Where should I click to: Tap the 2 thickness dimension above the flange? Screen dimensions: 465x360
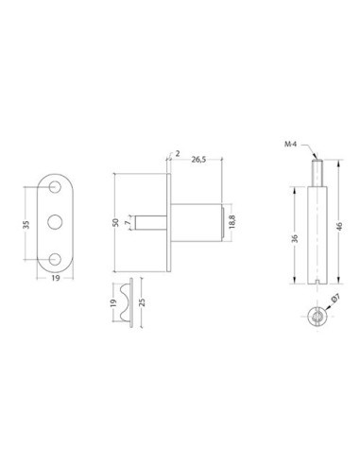tap(177, 151)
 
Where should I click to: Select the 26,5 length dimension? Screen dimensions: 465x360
tap(199, 160)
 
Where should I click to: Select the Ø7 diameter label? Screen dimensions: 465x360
tap(333, 301)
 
